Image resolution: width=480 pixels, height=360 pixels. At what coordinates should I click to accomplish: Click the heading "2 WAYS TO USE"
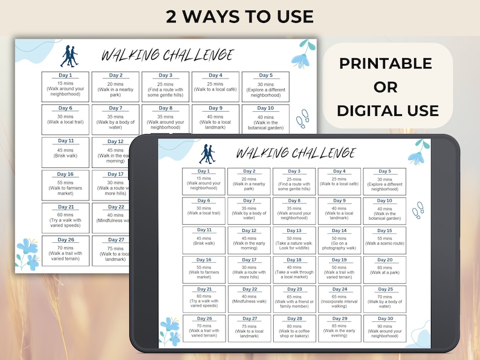239,16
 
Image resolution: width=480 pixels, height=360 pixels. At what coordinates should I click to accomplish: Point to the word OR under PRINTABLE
385,87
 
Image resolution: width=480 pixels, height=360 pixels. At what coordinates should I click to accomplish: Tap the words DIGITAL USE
388,111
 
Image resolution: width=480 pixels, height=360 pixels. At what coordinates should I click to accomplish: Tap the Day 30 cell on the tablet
384,329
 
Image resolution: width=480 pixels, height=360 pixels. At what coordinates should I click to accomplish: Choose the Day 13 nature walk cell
294,240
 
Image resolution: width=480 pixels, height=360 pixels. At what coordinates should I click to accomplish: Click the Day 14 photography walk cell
339,240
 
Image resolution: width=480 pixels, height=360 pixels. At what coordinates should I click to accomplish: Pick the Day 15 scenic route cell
384,240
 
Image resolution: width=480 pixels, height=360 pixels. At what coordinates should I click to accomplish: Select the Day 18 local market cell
294,269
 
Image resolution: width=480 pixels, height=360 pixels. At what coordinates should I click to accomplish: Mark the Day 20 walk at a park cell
384,269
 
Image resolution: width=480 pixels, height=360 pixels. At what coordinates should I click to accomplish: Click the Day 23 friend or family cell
294,299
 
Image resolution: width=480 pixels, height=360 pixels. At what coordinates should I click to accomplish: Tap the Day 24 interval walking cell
339,299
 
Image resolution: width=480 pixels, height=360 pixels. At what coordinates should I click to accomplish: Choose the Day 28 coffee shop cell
294,329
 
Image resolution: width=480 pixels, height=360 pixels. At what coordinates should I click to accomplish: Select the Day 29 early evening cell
339,329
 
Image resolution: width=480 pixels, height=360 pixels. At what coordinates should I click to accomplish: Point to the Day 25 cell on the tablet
384,299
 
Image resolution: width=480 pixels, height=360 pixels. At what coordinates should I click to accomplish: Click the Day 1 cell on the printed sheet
65,87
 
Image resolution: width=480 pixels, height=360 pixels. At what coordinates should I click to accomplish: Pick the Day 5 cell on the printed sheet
265,87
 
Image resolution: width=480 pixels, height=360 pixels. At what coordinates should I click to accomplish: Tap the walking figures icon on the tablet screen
207,154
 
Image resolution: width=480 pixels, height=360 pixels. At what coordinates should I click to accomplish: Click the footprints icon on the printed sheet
302,118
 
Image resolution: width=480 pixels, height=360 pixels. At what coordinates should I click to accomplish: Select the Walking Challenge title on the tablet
296,153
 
